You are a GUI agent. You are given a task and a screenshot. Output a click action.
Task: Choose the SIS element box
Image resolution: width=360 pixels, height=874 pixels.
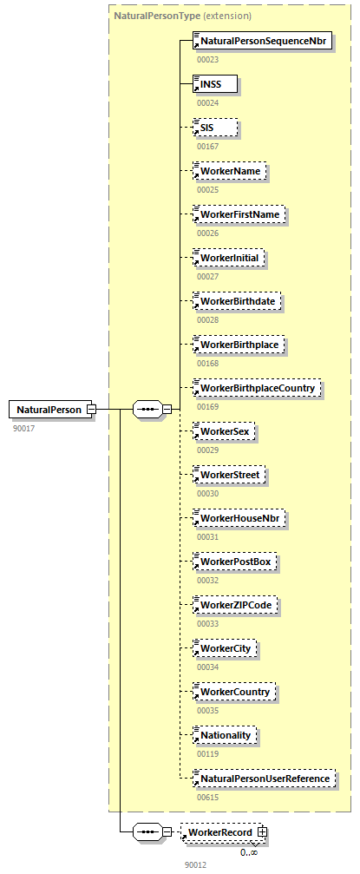tap(213, 128)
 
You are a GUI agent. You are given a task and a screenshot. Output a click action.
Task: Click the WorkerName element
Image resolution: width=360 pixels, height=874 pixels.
tap(229, 171)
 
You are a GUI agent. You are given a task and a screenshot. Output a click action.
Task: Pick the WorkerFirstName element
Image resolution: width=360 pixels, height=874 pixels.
tap(239, 214)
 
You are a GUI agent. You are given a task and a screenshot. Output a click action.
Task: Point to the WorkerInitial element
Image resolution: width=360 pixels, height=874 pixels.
tap(230, 258)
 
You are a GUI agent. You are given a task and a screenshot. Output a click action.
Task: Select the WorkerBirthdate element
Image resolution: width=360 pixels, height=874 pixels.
tap(238, 301)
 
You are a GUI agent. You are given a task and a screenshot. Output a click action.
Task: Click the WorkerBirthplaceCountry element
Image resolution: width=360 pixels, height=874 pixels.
tap(257, 388)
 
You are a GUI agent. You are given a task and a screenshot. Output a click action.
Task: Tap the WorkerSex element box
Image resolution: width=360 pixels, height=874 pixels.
tap(225, 431)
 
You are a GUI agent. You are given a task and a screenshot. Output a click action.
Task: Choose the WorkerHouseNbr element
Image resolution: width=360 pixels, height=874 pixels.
tap(239, 518)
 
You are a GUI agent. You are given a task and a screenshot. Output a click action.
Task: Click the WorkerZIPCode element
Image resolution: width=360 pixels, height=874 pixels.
tap(234, 605)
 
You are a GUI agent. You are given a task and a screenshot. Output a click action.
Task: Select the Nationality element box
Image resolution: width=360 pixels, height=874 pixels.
tap(225, 735)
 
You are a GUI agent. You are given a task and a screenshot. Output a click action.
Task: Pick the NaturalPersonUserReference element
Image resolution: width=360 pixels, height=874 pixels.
tap(264, 779)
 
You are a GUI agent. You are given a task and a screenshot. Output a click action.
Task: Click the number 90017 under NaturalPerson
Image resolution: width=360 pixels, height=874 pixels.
tap(23, 428)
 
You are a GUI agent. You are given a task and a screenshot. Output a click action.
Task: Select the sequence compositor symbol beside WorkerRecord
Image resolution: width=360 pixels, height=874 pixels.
tap(147, 832)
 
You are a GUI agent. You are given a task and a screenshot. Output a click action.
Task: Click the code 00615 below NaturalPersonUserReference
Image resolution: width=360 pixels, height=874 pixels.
tap(207, 797)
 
